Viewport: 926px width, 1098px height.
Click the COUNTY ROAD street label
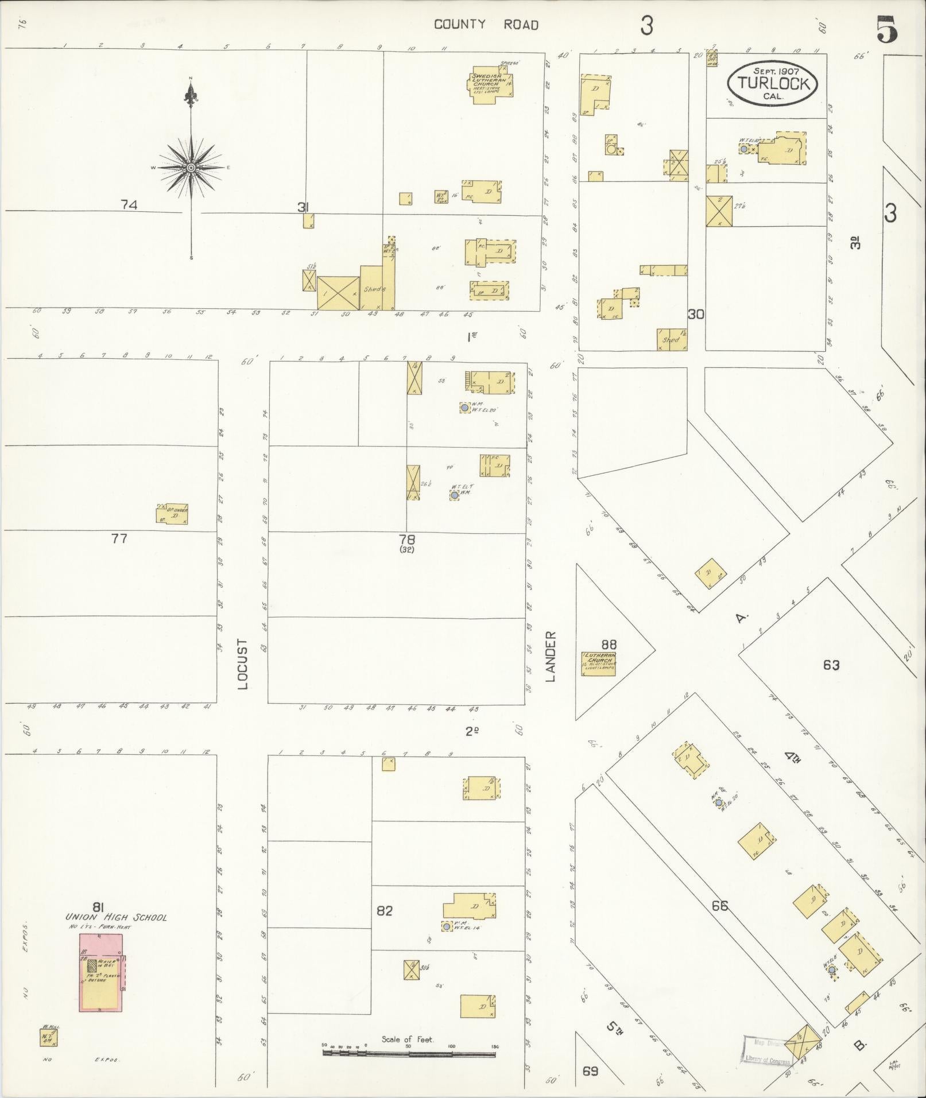pos(486,25)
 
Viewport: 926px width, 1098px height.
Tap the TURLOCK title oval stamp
pos(773,84)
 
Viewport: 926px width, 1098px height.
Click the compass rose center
pos(191,168)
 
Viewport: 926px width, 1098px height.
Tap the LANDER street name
pos(551,655)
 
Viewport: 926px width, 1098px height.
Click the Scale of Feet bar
pos(410,1053)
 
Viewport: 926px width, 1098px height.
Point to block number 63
pos(831,665)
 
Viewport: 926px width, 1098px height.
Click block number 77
pos(119,538)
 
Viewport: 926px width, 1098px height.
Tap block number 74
pos(129,204)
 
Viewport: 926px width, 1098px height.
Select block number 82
pos(384,910)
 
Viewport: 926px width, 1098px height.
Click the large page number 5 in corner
pos(887,30)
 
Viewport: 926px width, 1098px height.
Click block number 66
pos(719,906)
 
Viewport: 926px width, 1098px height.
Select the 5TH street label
pos(615,1027)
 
